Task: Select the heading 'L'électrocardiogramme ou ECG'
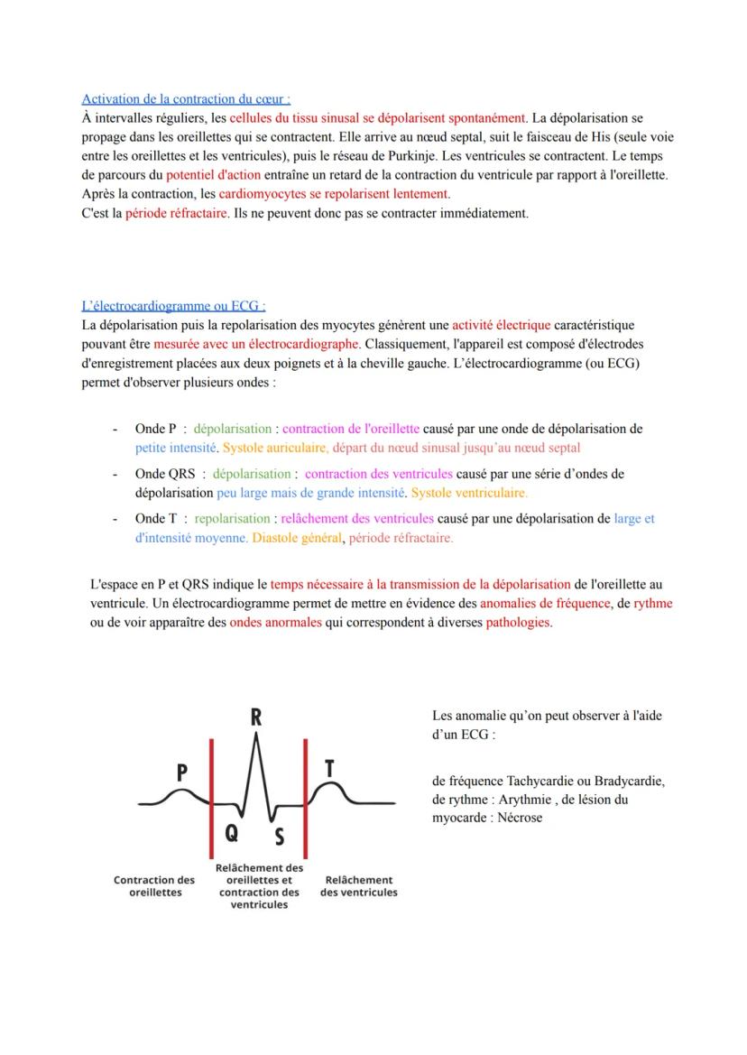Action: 173,306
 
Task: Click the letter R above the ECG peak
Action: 256,718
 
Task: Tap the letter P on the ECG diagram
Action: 181,772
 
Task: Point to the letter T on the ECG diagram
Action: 329,768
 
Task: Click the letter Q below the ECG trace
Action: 232,834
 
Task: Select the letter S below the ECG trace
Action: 279,838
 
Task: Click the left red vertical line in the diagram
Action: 211,795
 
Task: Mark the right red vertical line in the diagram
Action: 306,795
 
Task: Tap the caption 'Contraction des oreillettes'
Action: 154,885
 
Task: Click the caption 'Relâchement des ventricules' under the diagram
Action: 358,885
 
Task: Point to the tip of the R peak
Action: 258,734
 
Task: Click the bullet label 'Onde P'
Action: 155,429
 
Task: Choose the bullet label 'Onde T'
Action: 155,519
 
